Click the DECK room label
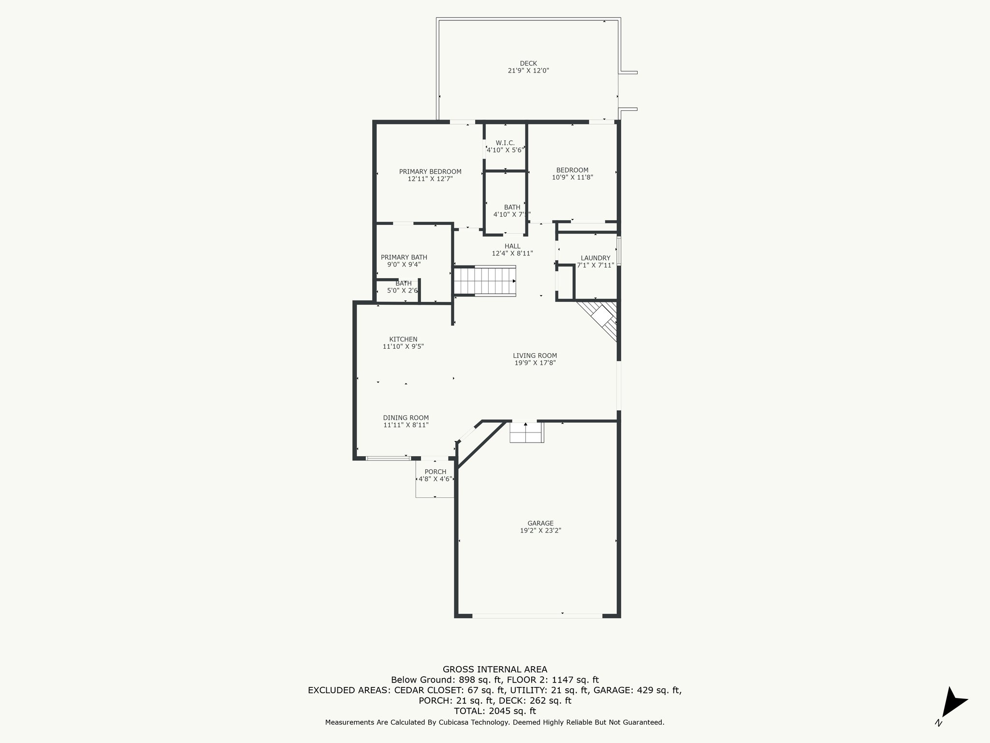528,63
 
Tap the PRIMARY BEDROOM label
430,172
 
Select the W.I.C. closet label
505,143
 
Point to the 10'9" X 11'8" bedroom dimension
572,178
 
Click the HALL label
512,246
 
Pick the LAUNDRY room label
596,258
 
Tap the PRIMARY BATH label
404,257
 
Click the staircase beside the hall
485,280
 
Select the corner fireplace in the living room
599,320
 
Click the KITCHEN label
403,340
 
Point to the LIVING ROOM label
535,356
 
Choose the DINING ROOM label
406,418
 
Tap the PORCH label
436,472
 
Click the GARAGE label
540,523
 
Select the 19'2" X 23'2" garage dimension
540,531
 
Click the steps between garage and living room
527,432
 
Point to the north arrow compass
952,704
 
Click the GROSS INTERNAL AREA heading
495,669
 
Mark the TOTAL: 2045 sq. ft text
495,711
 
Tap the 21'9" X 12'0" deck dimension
528,71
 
